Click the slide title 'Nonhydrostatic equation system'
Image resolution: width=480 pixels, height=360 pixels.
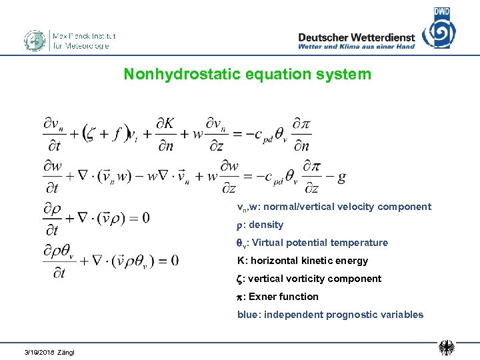247,74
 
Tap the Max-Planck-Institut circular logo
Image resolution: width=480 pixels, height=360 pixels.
34,41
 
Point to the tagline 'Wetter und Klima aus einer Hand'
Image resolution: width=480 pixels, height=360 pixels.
357,47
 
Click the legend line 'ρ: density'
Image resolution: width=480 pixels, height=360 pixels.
261,225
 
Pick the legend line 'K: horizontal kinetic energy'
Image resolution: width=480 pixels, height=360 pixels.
303,261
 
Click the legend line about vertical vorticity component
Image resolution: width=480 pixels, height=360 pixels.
309,279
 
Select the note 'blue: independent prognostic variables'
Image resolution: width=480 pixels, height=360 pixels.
330,315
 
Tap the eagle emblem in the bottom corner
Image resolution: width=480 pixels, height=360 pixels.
447,347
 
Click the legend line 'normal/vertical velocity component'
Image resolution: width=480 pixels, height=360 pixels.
334,207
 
